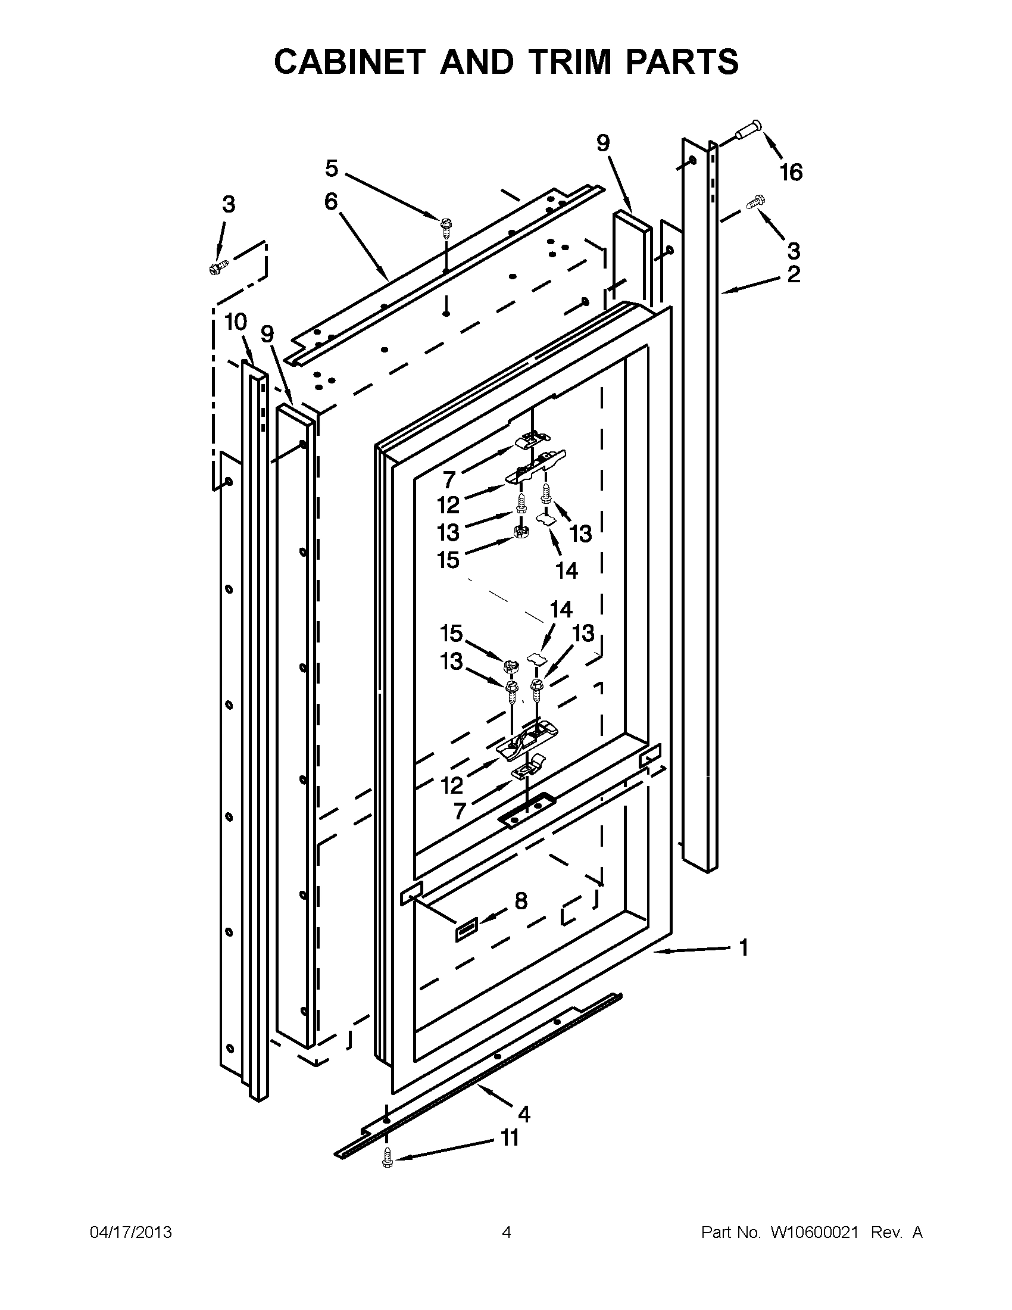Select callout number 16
point(791,172)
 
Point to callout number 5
point(332,169)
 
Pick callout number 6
point(331,201)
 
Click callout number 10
point(236,322)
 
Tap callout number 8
point(521,917)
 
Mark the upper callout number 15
point(448,560)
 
